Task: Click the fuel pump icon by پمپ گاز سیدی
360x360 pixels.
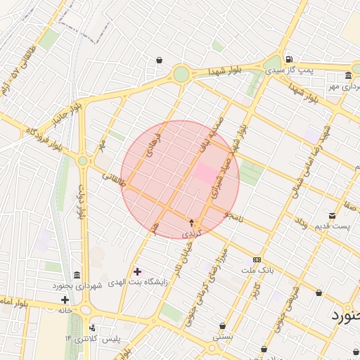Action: [x=290, y=59]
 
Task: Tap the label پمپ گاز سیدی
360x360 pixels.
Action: [x=304, y=70]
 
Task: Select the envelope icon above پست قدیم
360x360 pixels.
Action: [x=332, y=215]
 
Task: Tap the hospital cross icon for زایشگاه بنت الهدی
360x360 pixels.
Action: [x=136, y=271]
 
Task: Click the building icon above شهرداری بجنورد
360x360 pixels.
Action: [x=77, y=274]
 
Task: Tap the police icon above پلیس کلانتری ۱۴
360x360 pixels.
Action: [x=92, y=328]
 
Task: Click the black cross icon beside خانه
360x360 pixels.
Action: [x=65, y=300]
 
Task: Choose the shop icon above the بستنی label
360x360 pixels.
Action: [x=223, y=326]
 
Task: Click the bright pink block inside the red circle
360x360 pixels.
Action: [x=207, y=174]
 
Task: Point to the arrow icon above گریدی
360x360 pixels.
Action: [x=192, y=222]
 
